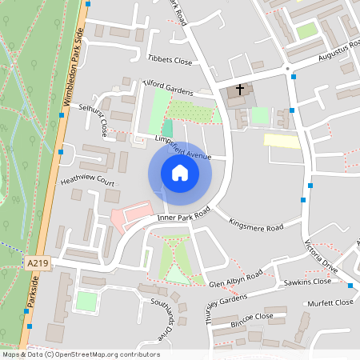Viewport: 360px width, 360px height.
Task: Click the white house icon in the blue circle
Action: [x=180, y=173]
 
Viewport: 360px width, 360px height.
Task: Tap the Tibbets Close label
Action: [x=170, y=60]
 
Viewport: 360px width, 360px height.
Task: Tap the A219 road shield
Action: [x=37, y=262]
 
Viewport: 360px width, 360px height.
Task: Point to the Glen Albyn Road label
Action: [x=235, y=278]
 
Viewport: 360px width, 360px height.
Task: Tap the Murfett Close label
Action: [x=330, y=302]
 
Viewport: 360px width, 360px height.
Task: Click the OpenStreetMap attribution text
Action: [x=80, y=354]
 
